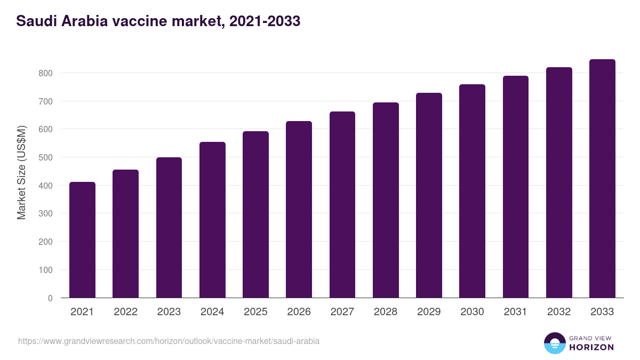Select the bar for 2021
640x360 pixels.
coord(82,240)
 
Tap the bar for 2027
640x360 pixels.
coord(342,205)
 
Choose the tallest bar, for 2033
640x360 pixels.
coord(602,179)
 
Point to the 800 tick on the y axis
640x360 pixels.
coord(46,73)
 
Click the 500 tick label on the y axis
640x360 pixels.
coord(46,157)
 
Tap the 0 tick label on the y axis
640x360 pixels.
coord(50,298)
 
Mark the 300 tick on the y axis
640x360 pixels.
coord(46,214)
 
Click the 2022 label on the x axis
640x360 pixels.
coord(125,312)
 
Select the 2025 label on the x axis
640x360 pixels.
coord(255,312)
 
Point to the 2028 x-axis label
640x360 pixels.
coord(386,312)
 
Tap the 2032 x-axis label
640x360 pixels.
coord(559,312)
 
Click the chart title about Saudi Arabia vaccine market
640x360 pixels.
coord(158,21)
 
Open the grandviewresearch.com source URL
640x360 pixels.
coord(169,341)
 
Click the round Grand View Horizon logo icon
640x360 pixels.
coord(554,343)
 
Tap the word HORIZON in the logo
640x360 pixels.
coord(591,347)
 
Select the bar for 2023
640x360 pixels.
coord(169,228)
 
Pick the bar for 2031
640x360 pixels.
coord(516,187)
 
